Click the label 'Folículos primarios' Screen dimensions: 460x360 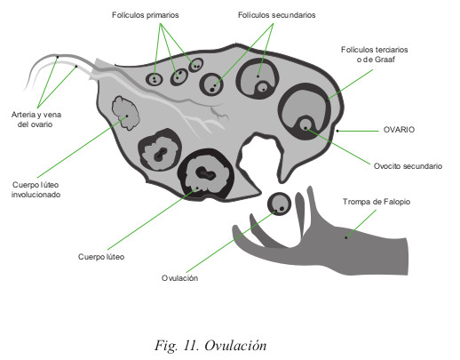(145, 15)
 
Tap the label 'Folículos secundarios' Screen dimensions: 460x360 (277, 15)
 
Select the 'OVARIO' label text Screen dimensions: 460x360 (399, 130)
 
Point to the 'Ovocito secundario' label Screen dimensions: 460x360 (408, 166)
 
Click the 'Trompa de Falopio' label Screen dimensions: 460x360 (377, 202)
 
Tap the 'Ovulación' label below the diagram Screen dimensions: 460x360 (179, 278)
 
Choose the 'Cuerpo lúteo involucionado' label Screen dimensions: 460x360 (36, 189)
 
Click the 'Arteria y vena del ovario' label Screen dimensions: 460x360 (36, 119)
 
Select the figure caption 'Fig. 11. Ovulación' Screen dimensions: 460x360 (210, 346)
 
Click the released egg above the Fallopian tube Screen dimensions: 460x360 (279, 204)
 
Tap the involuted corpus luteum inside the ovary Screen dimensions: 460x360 (125, 113)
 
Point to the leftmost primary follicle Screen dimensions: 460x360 (155, 79)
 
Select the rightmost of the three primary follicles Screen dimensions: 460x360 (195, 65)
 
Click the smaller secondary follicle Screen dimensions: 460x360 (211, 84)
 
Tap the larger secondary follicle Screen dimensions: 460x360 (258, 78)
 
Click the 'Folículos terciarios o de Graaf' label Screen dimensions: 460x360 (375, 54)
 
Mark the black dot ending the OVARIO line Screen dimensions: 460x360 (337, 131)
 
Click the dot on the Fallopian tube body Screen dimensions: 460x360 (346, 237)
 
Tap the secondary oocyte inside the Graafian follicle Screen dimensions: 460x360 (305, 124)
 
